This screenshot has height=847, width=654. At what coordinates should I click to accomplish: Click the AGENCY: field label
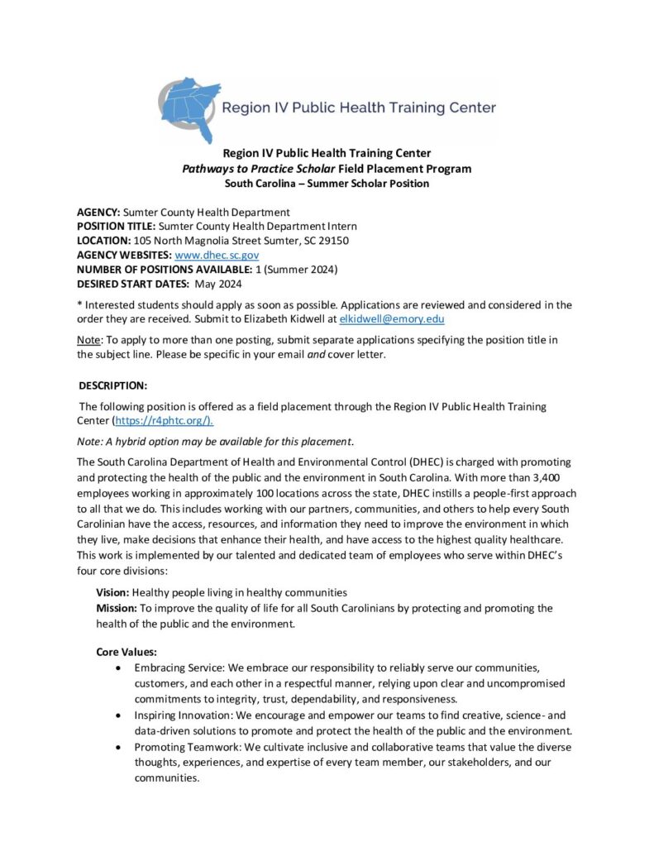98,213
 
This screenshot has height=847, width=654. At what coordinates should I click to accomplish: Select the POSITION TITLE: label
116,227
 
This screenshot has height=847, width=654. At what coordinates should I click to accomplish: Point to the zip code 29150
333,241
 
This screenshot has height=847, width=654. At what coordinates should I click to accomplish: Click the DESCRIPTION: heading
113,386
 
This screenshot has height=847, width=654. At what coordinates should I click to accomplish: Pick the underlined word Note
88,341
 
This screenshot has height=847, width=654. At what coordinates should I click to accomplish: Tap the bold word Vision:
112,593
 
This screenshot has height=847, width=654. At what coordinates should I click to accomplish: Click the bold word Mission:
117,608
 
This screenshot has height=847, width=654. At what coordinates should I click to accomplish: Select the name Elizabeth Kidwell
294,318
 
